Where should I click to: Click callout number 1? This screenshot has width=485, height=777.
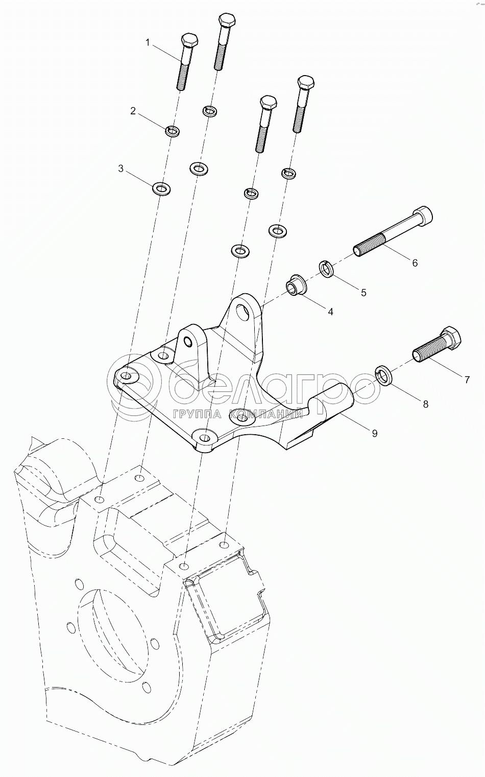[x=148, y=43]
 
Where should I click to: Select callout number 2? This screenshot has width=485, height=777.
[x=133, y=111]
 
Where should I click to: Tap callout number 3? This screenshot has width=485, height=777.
[x=120, y=169]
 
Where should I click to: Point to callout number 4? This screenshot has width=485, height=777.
[x=330, y=312]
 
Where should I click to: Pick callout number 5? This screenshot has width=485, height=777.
[x=363, y=293]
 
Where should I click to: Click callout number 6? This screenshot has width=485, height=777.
[x=415, y=263]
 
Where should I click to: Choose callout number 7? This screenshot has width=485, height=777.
[x=467, y=380]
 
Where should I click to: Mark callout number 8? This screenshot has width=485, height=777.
[x=426, y=404]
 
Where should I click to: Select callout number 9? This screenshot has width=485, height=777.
[x=374, y=433]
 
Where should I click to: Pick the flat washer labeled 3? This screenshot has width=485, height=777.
[x=161, y=189]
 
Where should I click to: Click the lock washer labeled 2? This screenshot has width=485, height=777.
[x=172, y=131]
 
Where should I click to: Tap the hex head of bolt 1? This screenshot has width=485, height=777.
[x=190, y=40]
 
